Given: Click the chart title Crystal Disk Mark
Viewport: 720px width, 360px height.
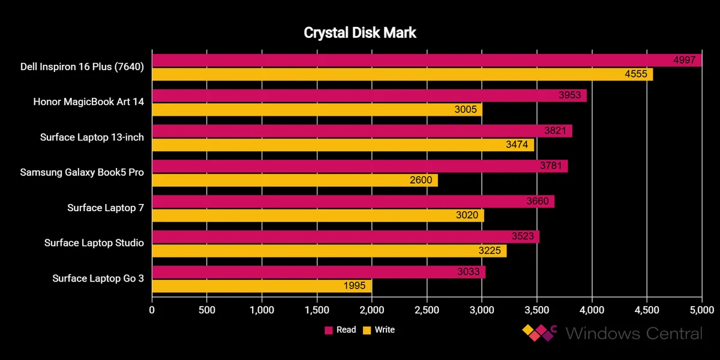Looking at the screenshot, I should [359, 32].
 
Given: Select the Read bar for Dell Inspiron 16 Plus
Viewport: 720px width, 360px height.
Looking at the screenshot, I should [420, 61].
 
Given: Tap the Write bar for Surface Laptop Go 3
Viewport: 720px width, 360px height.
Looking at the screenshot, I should [262, 286].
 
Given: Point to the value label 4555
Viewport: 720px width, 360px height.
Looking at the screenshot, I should [635, 74].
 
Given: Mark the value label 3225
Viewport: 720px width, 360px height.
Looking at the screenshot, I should [489, 251].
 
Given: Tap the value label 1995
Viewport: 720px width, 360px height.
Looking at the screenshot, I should [354, 286].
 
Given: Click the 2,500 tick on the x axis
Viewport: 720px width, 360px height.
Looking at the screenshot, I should [427, 310].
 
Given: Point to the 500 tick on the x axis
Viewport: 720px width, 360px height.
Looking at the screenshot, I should [207, 310].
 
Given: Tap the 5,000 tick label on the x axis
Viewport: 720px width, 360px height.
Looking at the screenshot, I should [701, 310].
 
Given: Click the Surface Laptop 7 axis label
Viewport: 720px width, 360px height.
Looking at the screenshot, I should [106, 208].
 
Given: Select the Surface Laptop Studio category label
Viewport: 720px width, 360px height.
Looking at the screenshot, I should [94, 243].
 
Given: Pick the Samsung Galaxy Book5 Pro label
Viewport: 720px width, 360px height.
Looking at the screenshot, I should [82, 173].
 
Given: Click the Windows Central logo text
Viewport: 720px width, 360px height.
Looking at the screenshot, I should [633, 333].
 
